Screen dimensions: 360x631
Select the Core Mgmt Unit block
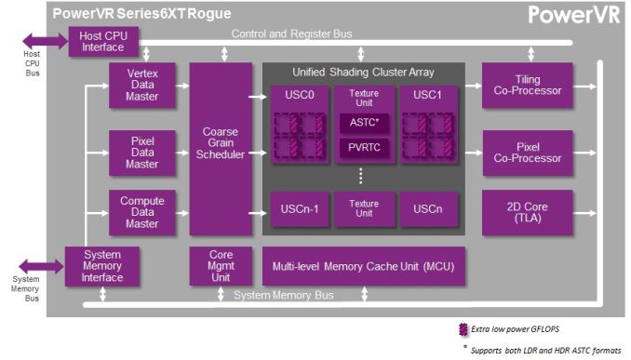(220, 266)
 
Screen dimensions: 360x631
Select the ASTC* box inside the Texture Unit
(363, 121)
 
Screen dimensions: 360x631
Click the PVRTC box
(363, 147)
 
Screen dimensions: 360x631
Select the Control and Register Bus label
(291, 34)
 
